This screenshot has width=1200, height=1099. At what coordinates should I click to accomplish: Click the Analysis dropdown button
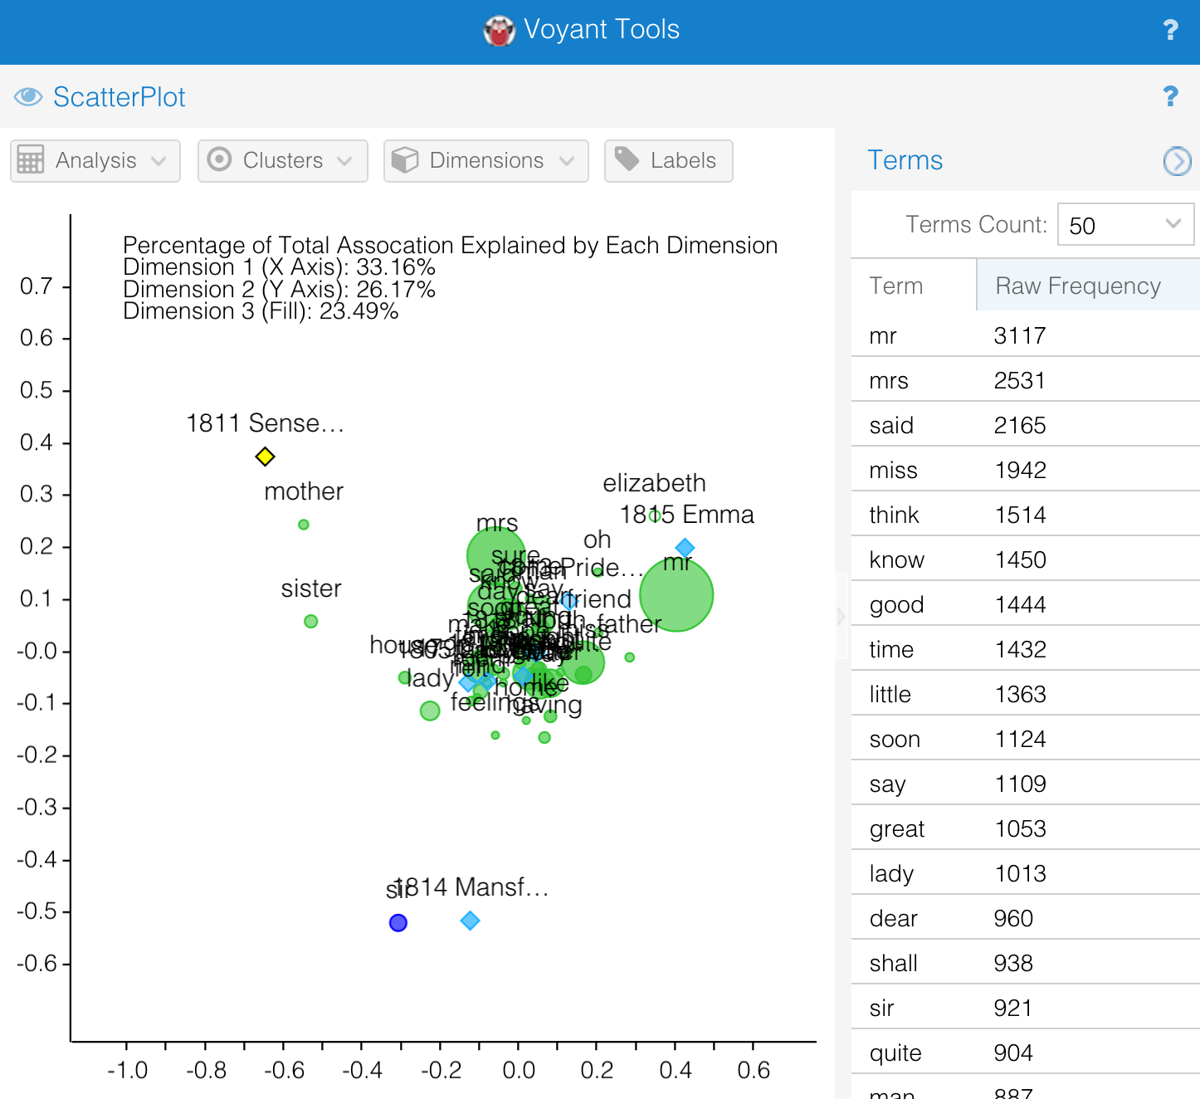click(95, 160)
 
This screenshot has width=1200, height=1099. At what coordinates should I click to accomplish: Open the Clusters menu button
click(282, 160)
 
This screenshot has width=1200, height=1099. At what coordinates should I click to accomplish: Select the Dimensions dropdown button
click(485, 160)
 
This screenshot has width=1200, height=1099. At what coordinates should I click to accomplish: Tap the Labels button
click(668, 160)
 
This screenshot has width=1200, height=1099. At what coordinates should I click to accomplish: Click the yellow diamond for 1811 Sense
click(265, 457)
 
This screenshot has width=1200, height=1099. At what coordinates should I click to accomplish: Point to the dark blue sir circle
click(398, 923)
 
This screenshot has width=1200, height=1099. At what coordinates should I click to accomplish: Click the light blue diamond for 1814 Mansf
click(471, 921)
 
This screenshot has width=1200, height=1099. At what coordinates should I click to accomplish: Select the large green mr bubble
click(677, 595)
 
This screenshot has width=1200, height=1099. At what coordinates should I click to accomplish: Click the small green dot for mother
click(304, 525)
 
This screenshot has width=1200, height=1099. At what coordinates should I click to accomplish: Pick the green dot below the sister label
click(311, 621)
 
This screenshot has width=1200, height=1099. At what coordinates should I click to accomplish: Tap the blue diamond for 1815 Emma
click(685, 548)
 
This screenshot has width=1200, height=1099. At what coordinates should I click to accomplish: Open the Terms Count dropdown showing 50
click(1125, 225)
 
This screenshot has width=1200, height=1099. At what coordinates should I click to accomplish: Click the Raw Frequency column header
click(1077, 286)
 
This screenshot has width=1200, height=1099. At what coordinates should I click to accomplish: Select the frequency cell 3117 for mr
click(1020, 336)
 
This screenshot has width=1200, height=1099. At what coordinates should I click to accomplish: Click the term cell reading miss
click(893, 471)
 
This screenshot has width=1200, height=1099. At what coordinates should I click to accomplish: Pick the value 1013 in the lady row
click(1020, 874)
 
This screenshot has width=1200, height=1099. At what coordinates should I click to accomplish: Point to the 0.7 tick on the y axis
click(37, 286)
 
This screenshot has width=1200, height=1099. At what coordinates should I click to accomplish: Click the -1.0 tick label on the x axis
click(127, 1070)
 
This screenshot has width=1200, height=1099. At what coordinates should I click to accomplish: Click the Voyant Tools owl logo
click(500, 31)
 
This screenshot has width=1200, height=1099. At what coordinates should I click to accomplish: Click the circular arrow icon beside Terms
click(1177, 160)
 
